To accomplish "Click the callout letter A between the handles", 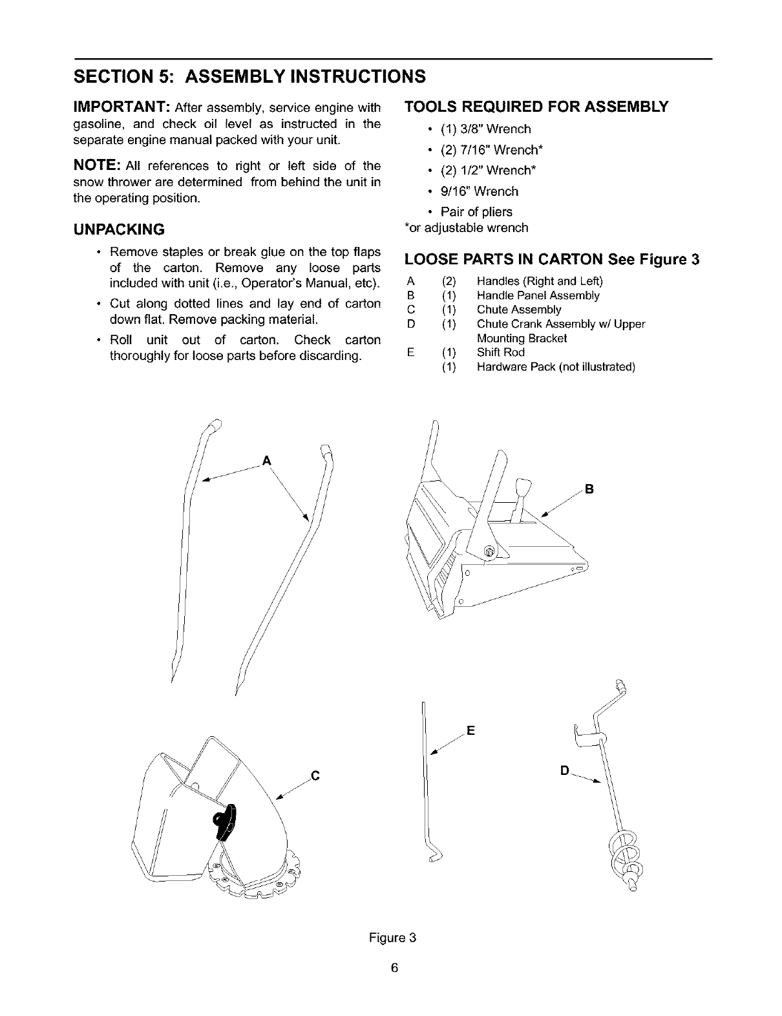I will pyautogui.click(x=266, y=461).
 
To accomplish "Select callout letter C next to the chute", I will pyautogui.click(x=315, y=775).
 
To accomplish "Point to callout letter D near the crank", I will pyautogui.click(x=564, y=771).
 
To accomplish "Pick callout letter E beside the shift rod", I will pyautogui.click(x=470, y=731).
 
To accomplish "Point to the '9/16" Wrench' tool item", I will pyautogui.click(x=479, y=191).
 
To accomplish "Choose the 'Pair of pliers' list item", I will pyautogui.click(x=476, y=212).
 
